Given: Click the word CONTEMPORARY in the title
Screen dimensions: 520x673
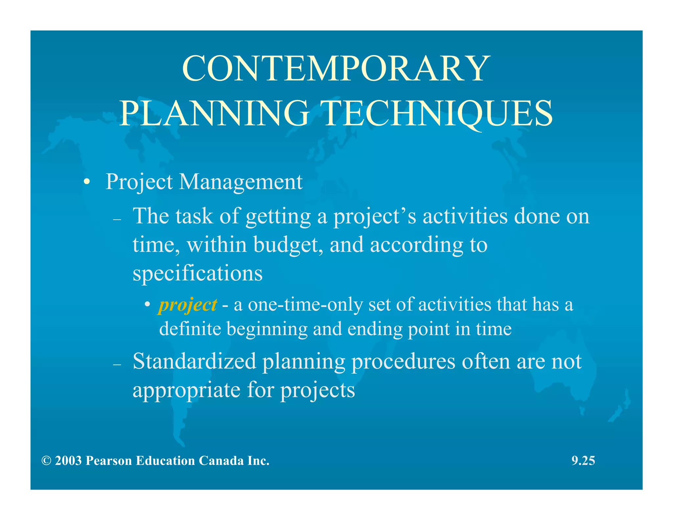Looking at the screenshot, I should pyautogui.click(x=336, y=69).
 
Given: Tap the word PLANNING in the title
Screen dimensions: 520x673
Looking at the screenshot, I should pyautogui.click(x=214, y=113).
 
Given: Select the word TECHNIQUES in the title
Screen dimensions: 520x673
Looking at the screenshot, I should pyautogui.click(x=438, y=113).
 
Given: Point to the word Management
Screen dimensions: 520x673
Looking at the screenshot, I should pyautogui.click(x=241, y=182).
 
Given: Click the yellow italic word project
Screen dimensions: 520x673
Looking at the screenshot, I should pyautogui.click(x=188, y=305).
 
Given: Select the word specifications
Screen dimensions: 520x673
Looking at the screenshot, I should pyautogui.click(x=197, y=273).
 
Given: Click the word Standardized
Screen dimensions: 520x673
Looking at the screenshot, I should pyautogui.click(x=195, y=361).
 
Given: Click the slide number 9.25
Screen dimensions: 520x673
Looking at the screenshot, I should pyautogui.click(x=583, y=461).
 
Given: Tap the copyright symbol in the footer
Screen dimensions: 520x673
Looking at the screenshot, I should pyautogui.click(x=46, y=461).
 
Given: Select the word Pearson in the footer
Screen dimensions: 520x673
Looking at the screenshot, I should pyautogui.click(x=108, y=461).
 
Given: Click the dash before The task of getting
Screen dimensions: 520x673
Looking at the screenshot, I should pyautogui.click(x=117, y=220).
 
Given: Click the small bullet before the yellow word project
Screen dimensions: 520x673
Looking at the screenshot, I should pyautogui.click(x=148, y=304).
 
